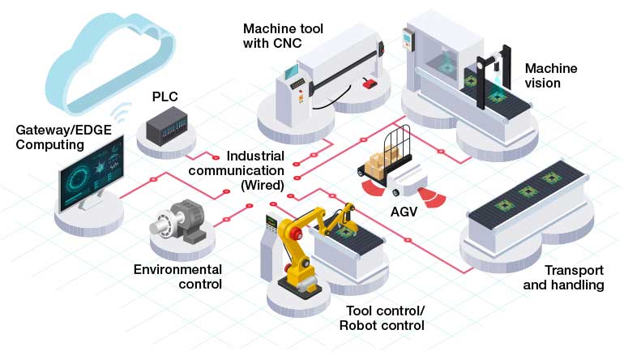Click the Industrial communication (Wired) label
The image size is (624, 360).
click(254, 169)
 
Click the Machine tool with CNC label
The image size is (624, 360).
click(283, 36)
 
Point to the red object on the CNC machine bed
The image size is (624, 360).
click(370, 82)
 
